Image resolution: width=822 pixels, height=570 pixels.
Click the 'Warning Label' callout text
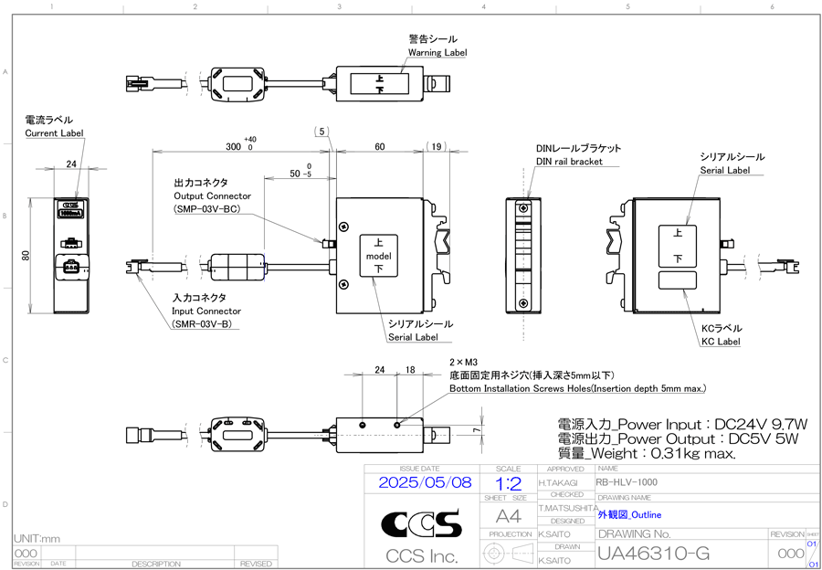(437, 53)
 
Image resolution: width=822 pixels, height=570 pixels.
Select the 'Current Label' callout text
(54, 133)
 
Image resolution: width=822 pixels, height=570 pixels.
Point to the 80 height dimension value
(26, 255)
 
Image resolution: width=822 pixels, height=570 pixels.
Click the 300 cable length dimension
(234, 146)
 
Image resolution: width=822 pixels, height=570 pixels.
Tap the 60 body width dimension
(379, 146)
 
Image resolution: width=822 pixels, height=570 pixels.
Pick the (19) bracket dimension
(437, 146)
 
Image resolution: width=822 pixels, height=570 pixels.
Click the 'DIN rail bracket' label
(569, 162)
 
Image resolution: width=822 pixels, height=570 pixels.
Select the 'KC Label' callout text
(721, 342)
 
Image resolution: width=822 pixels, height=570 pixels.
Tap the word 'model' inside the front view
(378, 257)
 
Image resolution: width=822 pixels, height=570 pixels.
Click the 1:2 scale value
(508, 481)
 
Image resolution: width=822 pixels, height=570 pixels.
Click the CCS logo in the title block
(421, 523)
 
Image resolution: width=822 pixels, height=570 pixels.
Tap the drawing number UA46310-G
(653, 554)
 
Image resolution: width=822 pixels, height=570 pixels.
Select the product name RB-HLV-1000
(625, 480)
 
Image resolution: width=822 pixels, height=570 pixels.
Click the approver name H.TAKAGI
(558, 481)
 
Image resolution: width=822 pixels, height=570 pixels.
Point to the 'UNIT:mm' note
(37, 539)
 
